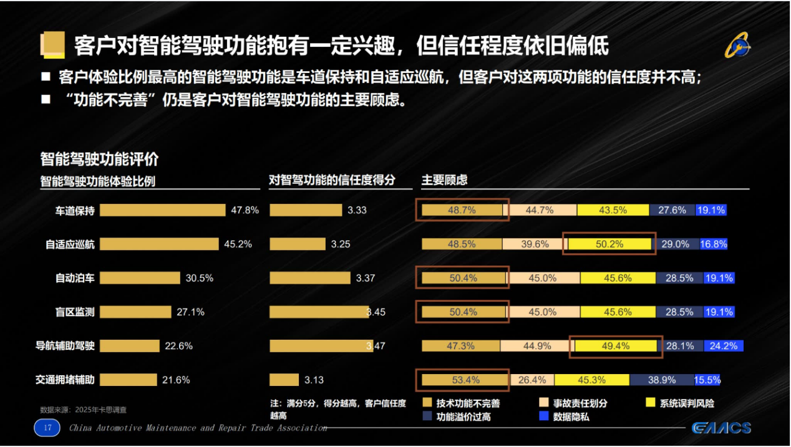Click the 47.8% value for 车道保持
tap(245, 210)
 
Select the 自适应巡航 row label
tap(70, 244)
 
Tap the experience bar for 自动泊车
tap(140, 278)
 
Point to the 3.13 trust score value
tap(314, 380)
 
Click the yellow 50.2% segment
tap(609, 244)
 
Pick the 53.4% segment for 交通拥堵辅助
tap(463, 380)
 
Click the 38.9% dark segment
tap(661, 380)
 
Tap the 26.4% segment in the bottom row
tap(532, 380)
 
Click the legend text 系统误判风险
tap(686, 403)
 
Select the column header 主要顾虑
tap(444, 180)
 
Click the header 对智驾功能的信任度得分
tap(332, 180)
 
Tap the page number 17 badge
tap(47, 428)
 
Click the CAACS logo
tap(721, 428)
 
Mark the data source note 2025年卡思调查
tap(83, 410)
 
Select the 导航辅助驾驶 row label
tap(66, 346)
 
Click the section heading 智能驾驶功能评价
tap(99, 159)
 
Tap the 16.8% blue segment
tap(714, 244)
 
